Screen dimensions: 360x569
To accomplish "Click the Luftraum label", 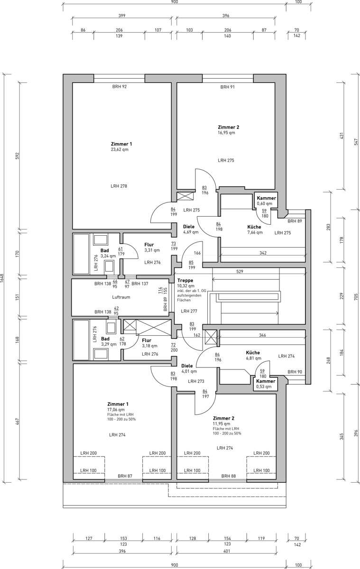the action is [x=121, y=297].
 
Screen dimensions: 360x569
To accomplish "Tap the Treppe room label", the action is [x=185, y=280].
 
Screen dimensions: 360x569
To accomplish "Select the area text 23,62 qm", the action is [x=120, y=149].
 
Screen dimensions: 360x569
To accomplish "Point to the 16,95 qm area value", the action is [x=226, y=133].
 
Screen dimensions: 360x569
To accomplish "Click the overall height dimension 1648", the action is [x=2, y=278].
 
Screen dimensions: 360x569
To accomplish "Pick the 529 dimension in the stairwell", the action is [x=240, y=271].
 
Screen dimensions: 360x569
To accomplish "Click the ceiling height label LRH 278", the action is [x=119, y=186].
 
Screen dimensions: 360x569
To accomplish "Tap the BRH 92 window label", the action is [x=120, y=87].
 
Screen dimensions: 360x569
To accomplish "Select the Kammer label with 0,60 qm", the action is [x=267, y=198].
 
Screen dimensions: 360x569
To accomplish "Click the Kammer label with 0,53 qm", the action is [x=266, y=381].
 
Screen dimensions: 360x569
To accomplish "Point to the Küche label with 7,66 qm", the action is [x=254, y=227].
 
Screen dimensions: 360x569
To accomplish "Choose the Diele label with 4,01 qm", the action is [x=187, y=366].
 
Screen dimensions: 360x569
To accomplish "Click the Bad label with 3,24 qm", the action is [x=105, y=250].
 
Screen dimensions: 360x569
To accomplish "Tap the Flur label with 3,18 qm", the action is [x=147, y=340].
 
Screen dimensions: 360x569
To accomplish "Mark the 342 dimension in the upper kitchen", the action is [x=263, y=253].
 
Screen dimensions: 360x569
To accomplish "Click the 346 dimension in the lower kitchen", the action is [x=262, y=335].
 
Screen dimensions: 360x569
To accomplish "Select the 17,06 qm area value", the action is [x=116, y=410].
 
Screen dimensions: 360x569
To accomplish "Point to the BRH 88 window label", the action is [x=229, y=476].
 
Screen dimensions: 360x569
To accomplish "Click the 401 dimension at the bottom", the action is [x=227, y=551].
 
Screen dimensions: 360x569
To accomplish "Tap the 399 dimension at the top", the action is [x=122, y=16].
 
